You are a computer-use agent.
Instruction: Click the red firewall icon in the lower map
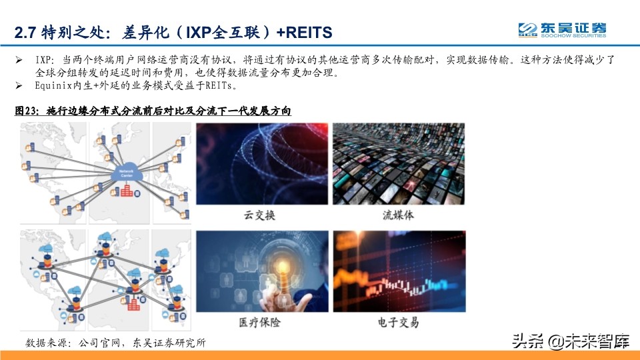pyautogui.click(x=135, y=304)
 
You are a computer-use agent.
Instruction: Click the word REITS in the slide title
pyautogui.click(x=306, y=32)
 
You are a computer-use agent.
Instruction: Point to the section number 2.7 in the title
pyautogui.click(x=26, y=32)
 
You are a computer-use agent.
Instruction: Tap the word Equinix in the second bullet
pyautogui.click(x=57, y=85)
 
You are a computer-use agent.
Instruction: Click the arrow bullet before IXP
pyautogui.click(x=19, y=60)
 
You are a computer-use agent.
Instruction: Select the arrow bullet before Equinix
pyautogui.click(x=19, y=85)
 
